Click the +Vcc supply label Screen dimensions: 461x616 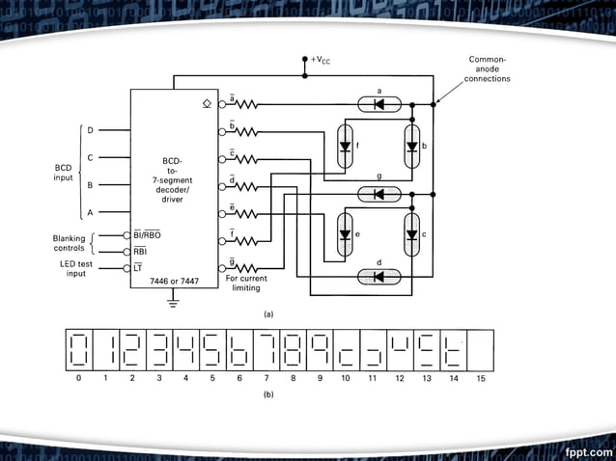coord(321,60)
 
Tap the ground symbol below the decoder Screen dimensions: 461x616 coord(174,304)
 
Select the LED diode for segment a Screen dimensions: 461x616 coord(378,103)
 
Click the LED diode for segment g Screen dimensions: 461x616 coord(378,194)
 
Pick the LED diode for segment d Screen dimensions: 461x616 coord(378,277)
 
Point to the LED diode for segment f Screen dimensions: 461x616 coord(345,148)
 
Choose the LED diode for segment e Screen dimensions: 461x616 coord(345,234)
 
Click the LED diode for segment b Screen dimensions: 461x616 coord(412,148)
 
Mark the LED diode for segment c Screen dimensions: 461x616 coord(412,234)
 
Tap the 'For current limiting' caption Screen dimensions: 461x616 coord(246,283)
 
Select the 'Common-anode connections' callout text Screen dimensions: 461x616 coord(487,68)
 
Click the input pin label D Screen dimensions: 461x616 coord(91,130)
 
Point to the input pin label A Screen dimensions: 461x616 coord(91,212)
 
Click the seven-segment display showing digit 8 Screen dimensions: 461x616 coord(292,349)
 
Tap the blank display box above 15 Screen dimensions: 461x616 coord(480,349)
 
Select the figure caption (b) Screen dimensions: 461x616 coord(268,394)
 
